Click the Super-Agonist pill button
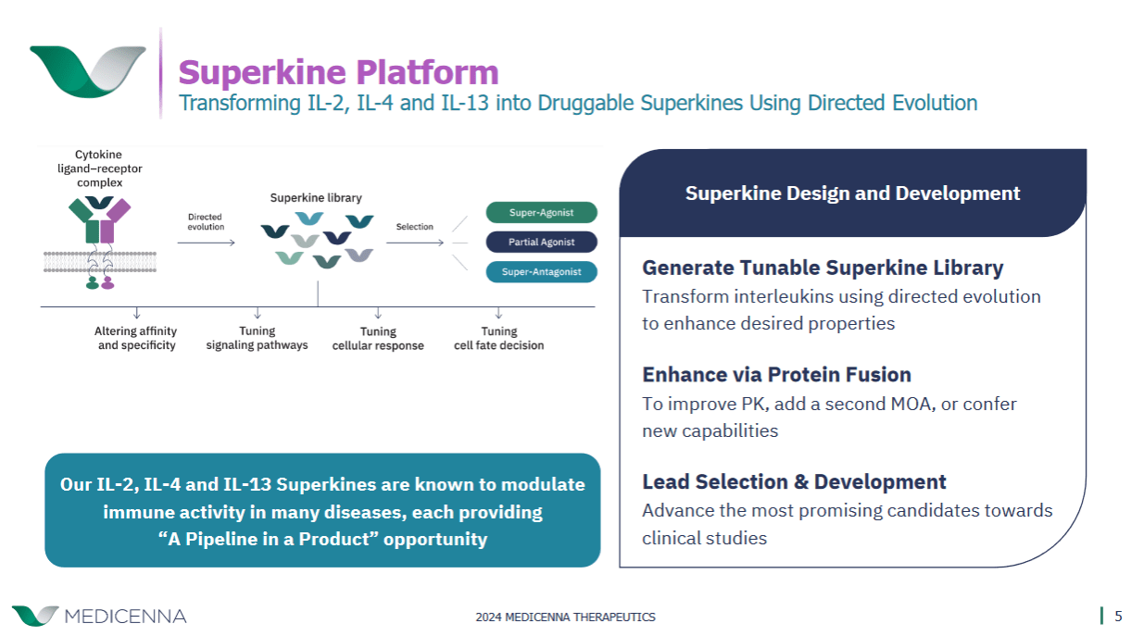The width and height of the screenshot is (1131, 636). (541, 212)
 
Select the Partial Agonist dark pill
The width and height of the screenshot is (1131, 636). (541, 242)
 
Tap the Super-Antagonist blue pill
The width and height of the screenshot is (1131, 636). (541, 272)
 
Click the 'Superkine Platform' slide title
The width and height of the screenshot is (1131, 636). (338, 71)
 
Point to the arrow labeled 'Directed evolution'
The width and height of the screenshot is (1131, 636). (206, 243)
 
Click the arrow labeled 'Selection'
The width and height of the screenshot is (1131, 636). (415, 243)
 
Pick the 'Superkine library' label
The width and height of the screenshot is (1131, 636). (316, 197)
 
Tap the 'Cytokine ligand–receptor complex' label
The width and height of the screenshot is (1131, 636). (99, 168)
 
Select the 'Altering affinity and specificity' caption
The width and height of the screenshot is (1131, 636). (136, 338)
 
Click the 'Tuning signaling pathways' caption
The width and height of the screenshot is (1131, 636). (257, 338)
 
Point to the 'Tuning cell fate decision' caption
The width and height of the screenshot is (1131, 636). (498, 338)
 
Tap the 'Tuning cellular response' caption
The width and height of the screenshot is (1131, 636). (378, 338)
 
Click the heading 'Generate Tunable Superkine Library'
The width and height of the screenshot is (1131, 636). (823, 268)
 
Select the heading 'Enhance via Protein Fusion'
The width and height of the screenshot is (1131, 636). (776, 374)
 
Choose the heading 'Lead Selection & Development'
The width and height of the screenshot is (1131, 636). (794, 481)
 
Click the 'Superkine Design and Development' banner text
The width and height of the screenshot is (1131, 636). (852, 193)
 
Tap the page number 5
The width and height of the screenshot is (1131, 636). (1118, 616)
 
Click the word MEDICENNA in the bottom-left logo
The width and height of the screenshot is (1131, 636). (125, 617)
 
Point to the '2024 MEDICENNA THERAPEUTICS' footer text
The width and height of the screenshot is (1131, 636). (565, 617)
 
